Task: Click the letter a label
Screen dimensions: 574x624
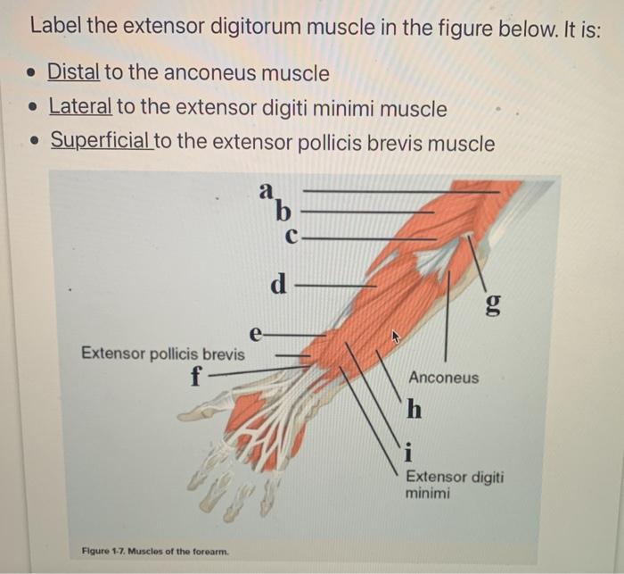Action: [266, 190]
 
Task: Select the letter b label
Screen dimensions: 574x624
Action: [283, 212]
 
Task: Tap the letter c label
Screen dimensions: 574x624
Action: [291, 237]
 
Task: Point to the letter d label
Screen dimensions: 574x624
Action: [279, 286]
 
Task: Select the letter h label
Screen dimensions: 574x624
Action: [414, 410]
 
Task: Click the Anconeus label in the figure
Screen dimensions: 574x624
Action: [443, 378]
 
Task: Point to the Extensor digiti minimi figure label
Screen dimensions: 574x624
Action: [454, 484]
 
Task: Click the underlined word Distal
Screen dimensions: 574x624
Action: [74, 72]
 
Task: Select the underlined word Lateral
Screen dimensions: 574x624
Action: [79, 108]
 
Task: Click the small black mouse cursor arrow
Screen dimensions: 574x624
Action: [397, 337]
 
